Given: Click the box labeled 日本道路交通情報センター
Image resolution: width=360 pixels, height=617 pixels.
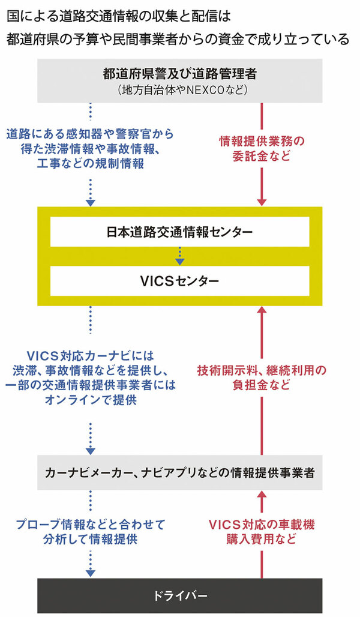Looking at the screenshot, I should pos(179,232).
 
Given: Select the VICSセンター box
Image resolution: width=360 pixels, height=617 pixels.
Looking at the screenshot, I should pos(179,280).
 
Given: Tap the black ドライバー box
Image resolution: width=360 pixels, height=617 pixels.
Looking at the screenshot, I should pos(179,596).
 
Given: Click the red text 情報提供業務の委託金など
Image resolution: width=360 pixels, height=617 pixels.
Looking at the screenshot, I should pos(262,149).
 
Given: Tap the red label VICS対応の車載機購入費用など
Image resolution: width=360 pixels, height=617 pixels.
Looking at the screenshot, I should pos(262,531).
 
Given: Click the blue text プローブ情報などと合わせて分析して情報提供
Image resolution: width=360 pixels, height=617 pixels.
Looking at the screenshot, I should pos(91,531).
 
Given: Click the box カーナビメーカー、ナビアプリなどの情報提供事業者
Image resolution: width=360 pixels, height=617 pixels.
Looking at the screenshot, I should pos(179,472).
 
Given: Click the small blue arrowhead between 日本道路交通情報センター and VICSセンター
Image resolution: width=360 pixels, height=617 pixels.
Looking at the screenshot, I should pos(179,261).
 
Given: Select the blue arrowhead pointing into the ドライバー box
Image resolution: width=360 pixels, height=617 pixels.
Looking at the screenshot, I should pos(91,573).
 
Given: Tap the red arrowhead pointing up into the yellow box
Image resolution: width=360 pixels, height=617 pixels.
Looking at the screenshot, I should pos(262,310).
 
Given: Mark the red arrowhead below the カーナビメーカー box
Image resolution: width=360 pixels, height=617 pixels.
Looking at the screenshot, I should pos(262,495).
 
